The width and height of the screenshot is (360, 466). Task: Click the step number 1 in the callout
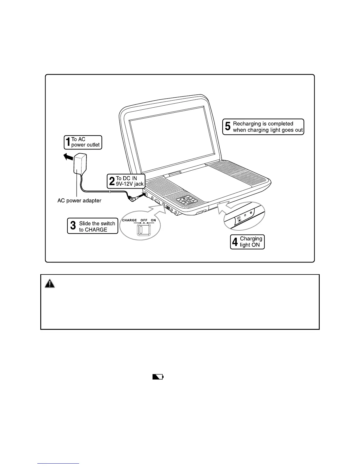[x=68, y=142]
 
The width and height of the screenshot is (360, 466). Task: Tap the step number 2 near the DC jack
[x=111, y=181]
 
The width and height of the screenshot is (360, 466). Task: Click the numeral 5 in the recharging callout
[x=228, y=127]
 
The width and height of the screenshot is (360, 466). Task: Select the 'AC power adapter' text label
[x=79, y=201]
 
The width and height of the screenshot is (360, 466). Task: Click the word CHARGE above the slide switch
[x=129, y=220]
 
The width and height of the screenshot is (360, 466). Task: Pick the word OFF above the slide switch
[x=144, y=220]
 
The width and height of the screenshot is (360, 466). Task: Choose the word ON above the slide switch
[x=153, y=220]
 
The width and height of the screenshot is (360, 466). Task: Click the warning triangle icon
[x=50, y=284]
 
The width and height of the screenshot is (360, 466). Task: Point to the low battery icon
[x=158, y=377]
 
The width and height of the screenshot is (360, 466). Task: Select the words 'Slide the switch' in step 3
[x=97, y=224]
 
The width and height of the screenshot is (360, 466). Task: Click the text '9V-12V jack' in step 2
[x=130, y=184]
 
